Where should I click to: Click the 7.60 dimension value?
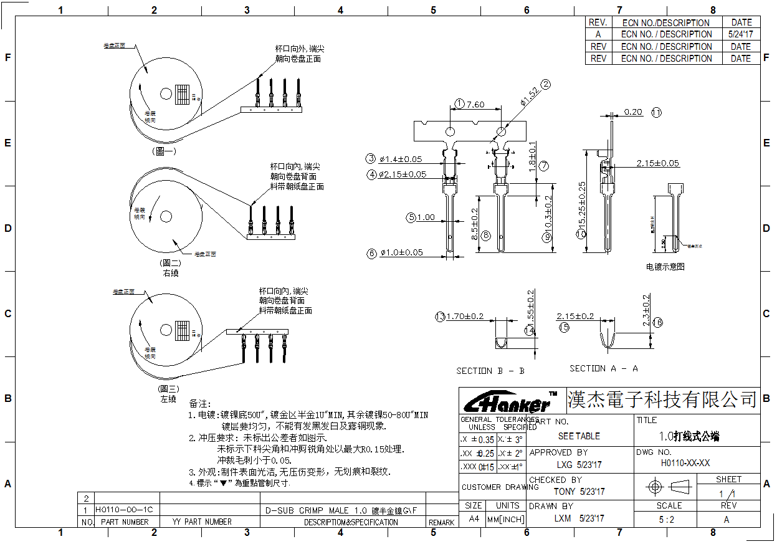tap(475, 104)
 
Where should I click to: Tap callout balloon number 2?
tap(546, 85)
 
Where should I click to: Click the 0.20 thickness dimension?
tap(633, 112)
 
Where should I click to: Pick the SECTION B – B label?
tap(490, 371)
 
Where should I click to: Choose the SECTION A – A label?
tap(604, 368)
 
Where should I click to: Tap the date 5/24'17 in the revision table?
tap(741, 34)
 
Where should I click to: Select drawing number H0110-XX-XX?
tap(685, 463)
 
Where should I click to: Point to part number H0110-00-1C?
tap(118, 509)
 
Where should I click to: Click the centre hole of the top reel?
tap(166, 93)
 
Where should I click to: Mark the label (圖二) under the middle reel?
tap(170, 263)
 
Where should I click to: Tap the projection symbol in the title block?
tap(665, 486)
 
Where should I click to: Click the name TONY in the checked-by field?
tap(565, 492)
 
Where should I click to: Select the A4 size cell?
tap(474, 518)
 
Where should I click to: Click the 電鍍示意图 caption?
tap(665, 267)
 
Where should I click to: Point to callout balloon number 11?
tap(657, 113)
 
